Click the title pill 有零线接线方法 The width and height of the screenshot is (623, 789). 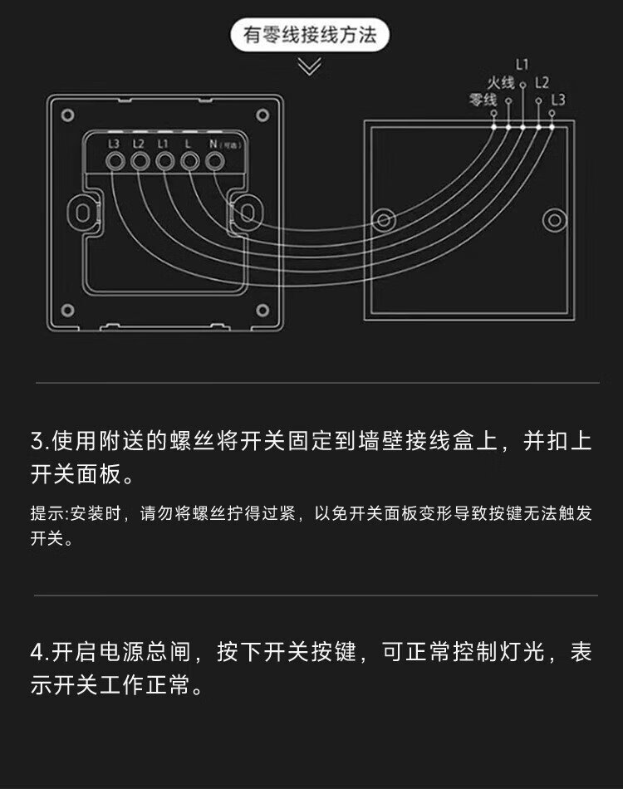coord(310,35)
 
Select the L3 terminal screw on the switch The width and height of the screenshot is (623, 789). coord(115,161)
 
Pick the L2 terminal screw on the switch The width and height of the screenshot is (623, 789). coord(140,161)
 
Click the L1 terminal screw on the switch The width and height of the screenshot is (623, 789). coord(164,161)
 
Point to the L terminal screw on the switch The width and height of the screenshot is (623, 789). coord(189,161)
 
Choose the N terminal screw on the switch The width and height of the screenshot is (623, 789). coord(215,161)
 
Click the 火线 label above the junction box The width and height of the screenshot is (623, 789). coord(501,82)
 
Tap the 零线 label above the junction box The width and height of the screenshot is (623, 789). coord(483,100)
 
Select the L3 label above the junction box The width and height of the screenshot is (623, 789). coord(558,100)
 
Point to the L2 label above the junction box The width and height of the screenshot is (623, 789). coord(542,82)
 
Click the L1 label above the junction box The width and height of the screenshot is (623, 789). coord(522,65)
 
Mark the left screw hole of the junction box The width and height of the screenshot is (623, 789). coord(384,220)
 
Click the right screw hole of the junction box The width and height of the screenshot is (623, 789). coord(555,220)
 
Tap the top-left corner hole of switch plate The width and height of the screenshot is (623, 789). coord(68,115)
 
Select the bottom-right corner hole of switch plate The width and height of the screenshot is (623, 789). coord(262,310)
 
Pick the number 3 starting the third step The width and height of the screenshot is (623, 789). coord(37,441)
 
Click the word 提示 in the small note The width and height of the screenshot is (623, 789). coord(47,513)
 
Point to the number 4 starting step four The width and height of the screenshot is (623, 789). coord(37,653)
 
